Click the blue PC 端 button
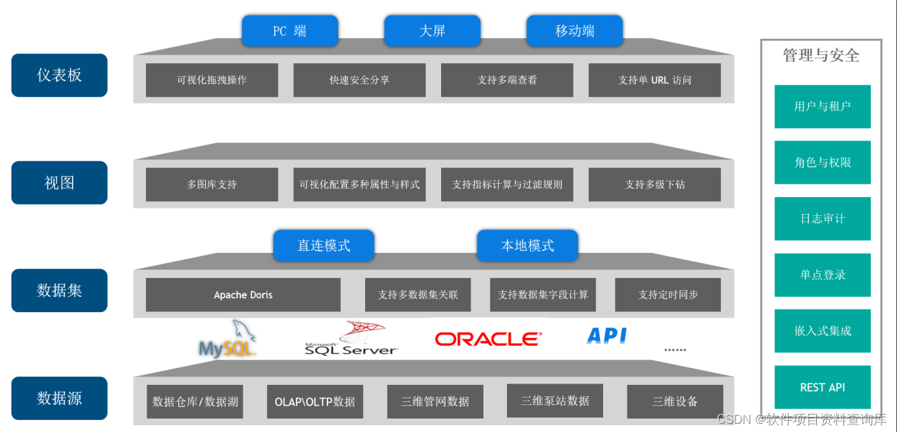(x=290, y=31)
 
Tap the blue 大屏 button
(x=432, y=31)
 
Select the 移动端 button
(x=574, y=31)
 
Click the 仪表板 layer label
(x=59, y=75)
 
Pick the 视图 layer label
(x=59, y=182)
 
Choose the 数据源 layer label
(x=59, y=398)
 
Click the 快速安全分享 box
(x=359, y=80)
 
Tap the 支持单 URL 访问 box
(x=654, y=80)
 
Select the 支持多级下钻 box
(x=654, y=184)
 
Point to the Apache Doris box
(x=243, y=295)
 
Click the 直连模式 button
(x=323, y=246)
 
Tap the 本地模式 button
(x=527, y=246)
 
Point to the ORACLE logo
(x=487, y=338)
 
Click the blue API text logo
(x=607, y=336)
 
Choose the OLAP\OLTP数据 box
(x=315, y=402)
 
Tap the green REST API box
(x=822, y=388)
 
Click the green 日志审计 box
(x=822, y=219)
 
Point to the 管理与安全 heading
(x=821, y=56)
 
